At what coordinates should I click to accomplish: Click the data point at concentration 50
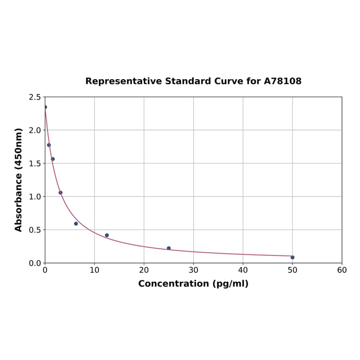coord(292,257)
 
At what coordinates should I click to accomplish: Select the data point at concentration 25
coord(169,248)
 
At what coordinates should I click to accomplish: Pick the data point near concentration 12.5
coord(107,235)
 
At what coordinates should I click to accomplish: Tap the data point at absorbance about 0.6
coord(76,224)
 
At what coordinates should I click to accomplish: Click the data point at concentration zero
coord(45,107)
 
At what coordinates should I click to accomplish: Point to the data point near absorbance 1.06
coord(60,193)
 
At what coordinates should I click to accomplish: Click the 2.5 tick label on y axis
coord(35,97)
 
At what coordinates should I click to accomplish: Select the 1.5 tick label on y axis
coord(35,164)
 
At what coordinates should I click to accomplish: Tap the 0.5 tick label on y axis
coord(35,230)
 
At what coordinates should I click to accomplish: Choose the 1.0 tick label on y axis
coord(35,196)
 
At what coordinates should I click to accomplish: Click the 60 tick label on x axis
coord(342,270)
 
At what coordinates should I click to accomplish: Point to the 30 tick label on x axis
coord(193,270)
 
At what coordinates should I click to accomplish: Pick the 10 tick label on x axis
coord(94,270)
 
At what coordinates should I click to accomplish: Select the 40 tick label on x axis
coord(243,270)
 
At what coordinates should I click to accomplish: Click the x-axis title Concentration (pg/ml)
coord(193,284)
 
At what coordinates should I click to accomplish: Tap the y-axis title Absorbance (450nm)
coord(19,180)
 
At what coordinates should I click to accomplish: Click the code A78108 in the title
coord(282,82)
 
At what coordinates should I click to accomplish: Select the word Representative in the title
coord(123,82)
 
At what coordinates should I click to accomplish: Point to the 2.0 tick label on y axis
coord(35,130)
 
